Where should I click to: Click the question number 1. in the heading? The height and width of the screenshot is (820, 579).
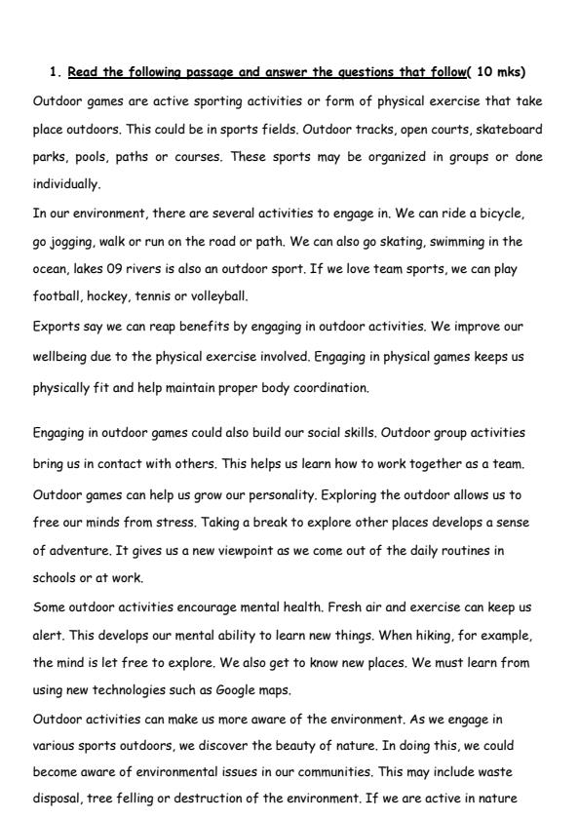[x=55, y=72]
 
